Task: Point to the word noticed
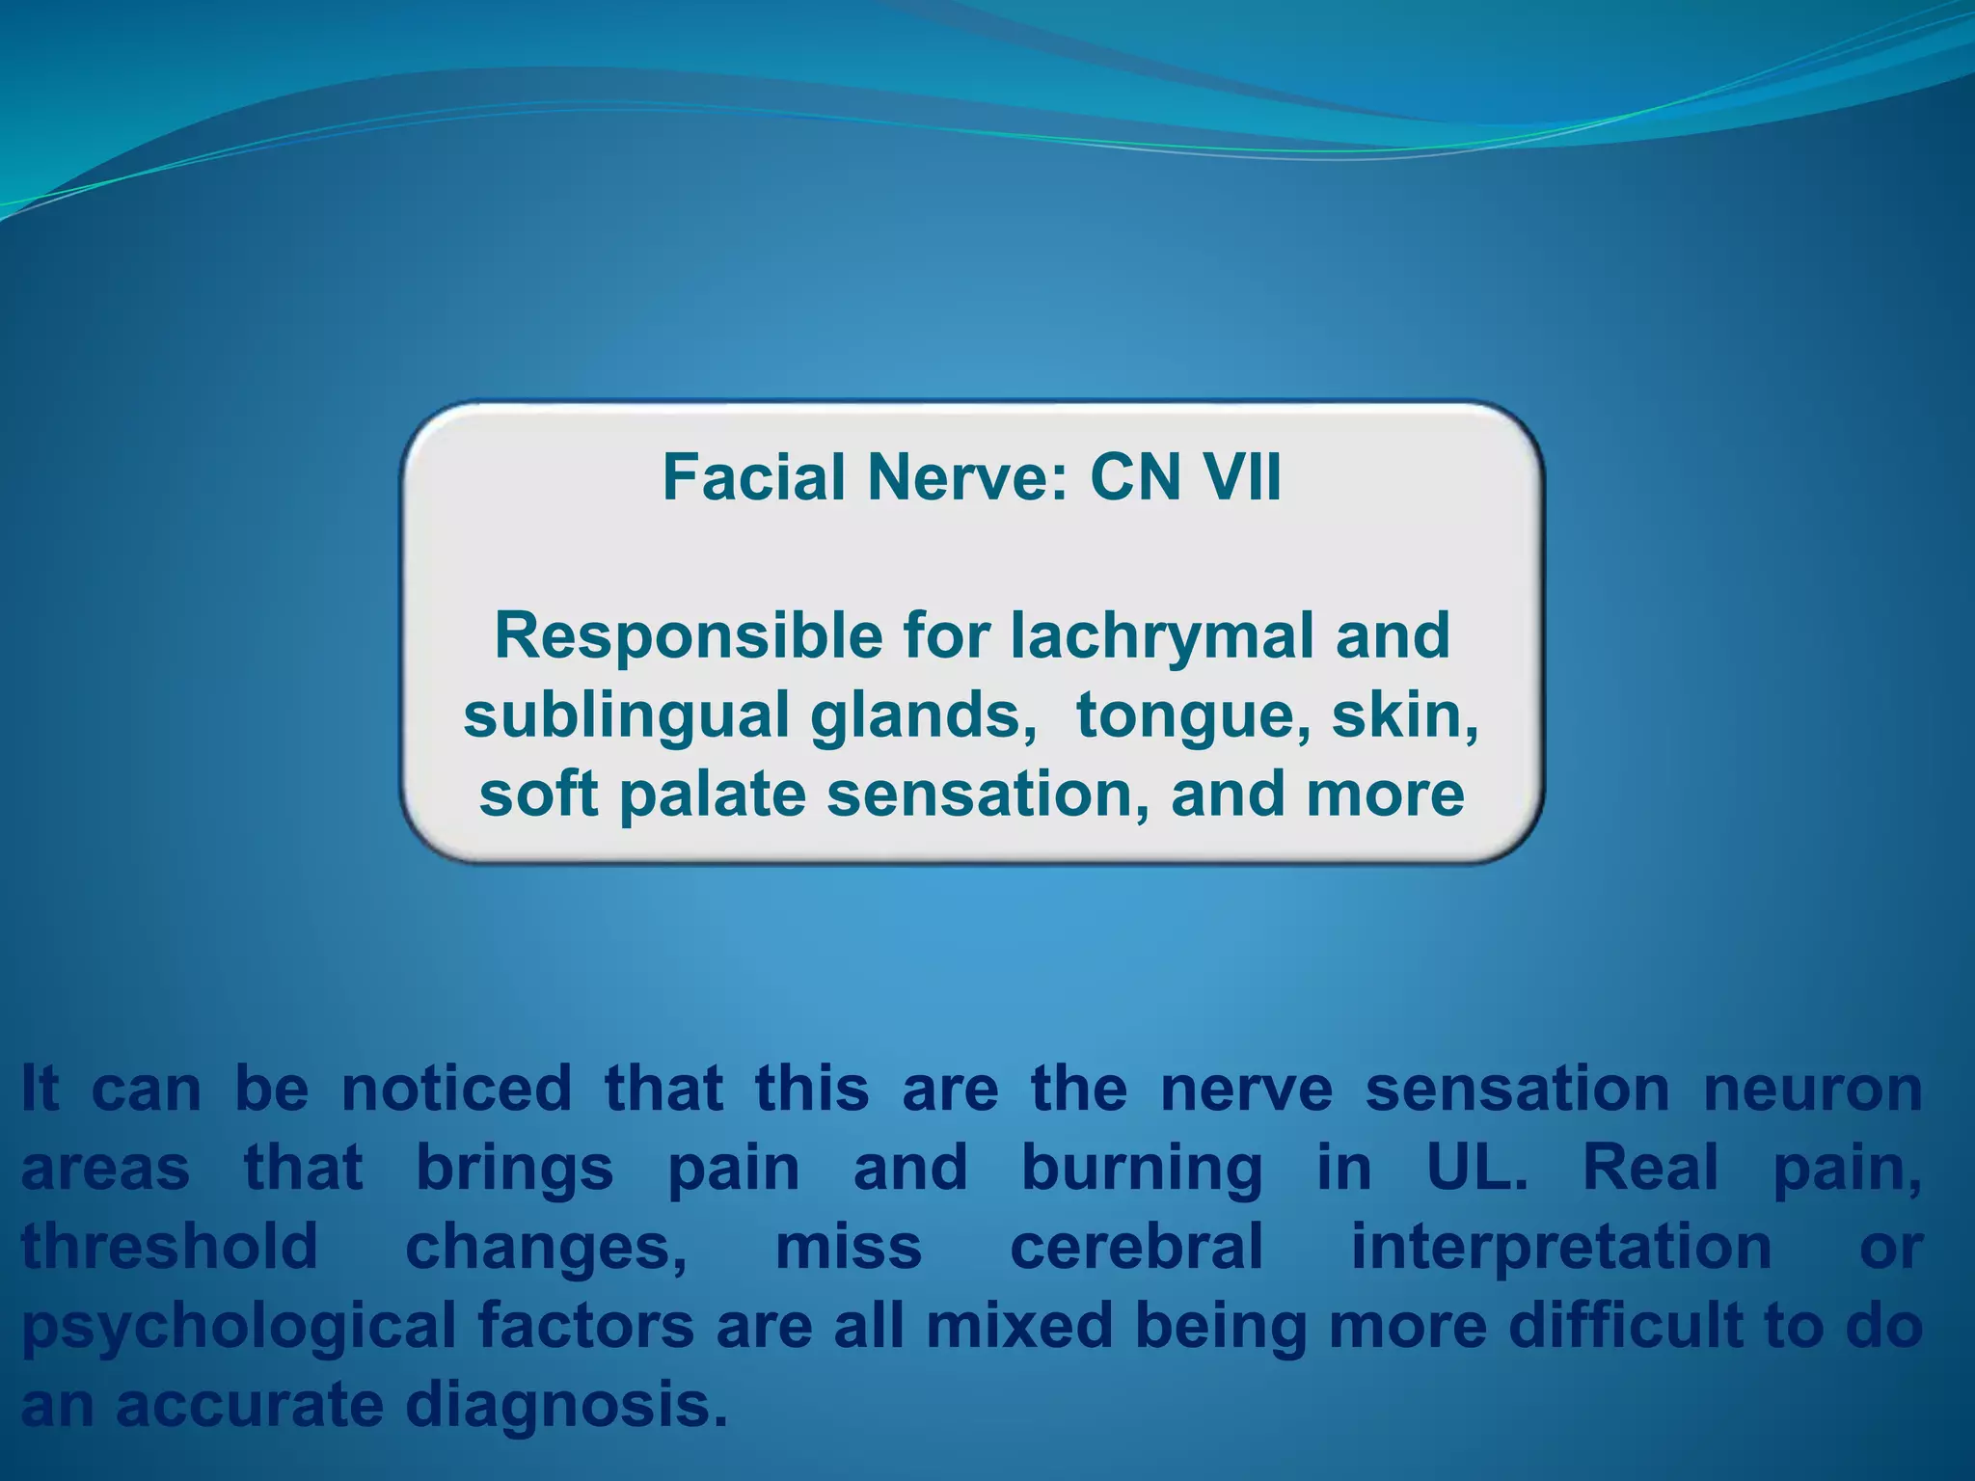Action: click(456, 1089)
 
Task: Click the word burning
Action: click(1141, 1168)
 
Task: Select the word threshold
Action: click(170, 1246)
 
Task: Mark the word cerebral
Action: click(1136, 1246)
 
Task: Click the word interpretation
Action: click(1560, 1246)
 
